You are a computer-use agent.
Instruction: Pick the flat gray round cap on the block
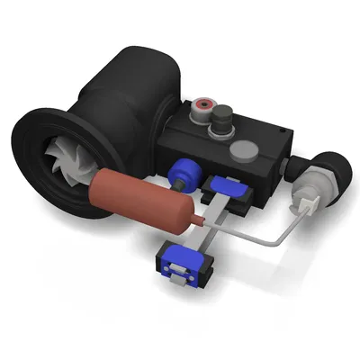tap(244, 149)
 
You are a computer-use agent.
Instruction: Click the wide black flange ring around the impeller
tap(36, 180)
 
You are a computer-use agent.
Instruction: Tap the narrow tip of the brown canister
tap(197, 220)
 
